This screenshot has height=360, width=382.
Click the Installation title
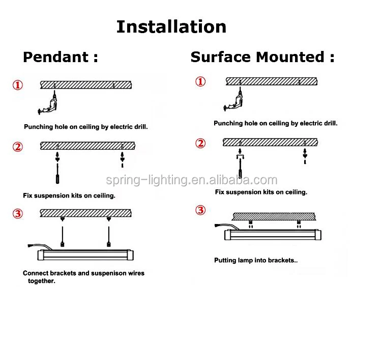(171, 26)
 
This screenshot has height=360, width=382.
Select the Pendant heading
(61, 57)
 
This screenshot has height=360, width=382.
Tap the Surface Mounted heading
(262, 57)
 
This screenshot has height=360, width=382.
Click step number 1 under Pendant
(18, 85)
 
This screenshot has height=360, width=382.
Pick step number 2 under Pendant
(18, 147)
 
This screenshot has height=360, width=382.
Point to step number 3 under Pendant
(18, 213)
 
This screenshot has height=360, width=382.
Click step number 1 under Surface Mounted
(201, 81)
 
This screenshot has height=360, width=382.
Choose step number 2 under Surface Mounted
(201, 143)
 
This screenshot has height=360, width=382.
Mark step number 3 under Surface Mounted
(201, 210)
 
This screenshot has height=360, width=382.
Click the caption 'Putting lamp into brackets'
(255, 260)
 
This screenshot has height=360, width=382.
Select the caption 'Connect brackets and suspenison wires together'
(83, 276)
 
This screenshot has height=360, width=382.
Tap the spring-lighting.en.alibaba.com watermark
(192, 180)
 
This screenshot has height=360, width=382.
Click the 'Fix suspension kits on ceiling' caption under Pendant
(69, 195)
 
